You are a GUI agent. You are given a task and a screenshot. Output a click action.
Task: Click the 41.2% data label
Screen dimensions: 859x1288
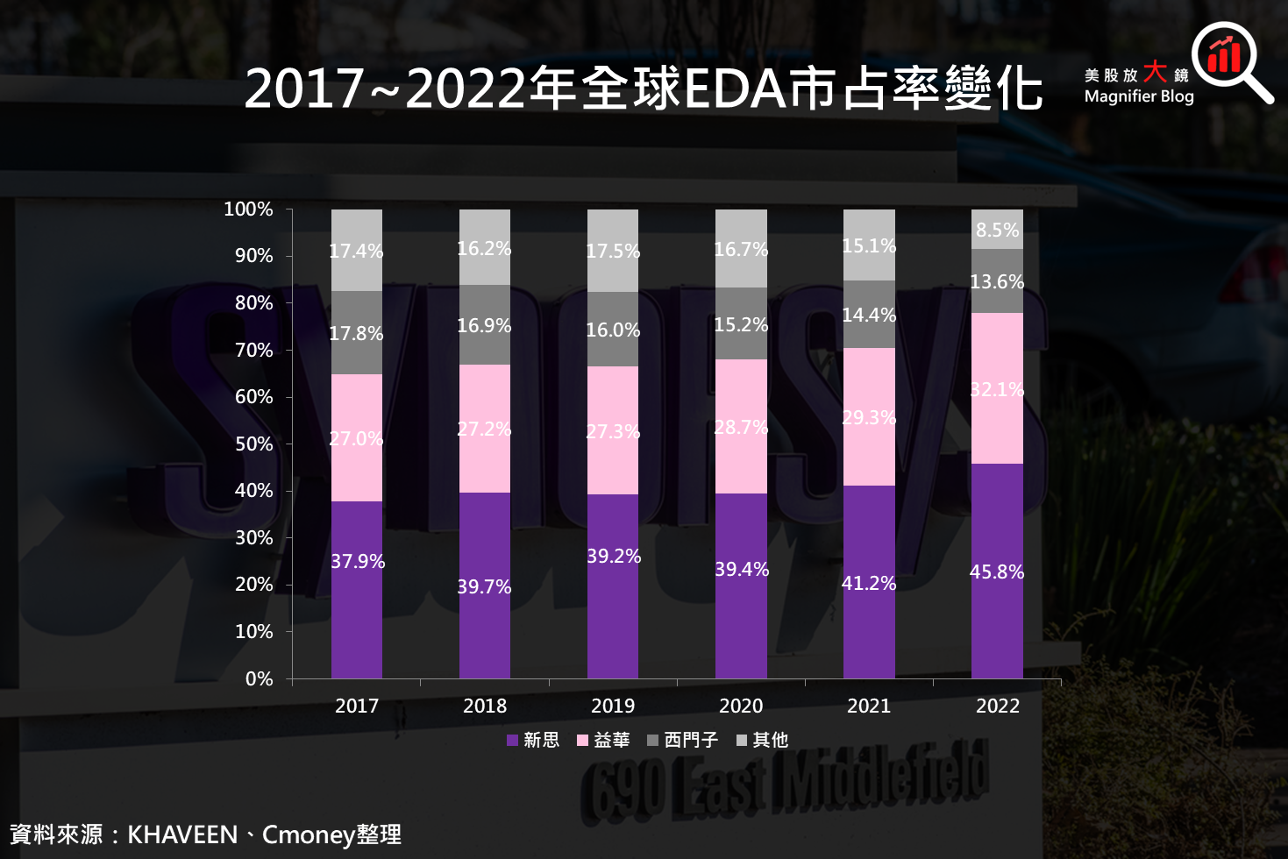click(x=869, y=584)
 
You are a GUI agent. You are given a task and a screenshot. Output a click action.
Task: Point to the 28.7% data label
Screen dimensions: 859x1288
click(x=741, y=428)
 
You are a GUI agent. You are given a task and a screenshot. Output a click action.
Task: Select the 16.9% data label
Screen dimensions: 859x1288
click(x=484, y=326)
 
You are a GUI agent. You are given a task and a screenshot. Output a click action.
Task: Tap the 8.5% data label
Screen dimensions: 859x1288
click(x=997, y=231)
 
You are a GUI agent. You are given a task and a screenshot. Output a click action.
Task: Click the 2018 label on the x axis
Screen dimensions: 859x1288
click(x=485, y=706)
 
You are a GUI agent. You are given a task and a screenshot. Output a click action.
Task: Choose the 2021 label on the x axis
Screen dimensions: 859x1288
click(x=869, y=706)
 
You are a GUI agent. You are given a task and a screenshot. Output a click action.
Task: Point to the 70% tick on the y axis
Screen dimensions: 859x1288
click(x=254, y=351)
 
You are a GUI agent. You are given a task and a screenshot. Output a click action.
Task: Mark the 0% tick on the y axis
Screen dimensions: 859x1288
click(x=260, y=679)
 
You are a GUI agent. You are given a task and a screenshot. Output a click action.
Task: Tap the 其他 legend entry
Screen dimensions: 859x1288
click(x=762, y=741)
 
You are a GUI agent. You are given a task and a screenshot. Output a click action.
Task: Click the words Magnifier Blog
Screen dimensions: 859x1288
click(x=1139, y=96)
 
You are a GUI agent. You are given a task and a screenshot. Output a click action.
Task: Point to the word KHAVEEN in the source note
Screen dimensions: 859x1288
click(x=182, y=834)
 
